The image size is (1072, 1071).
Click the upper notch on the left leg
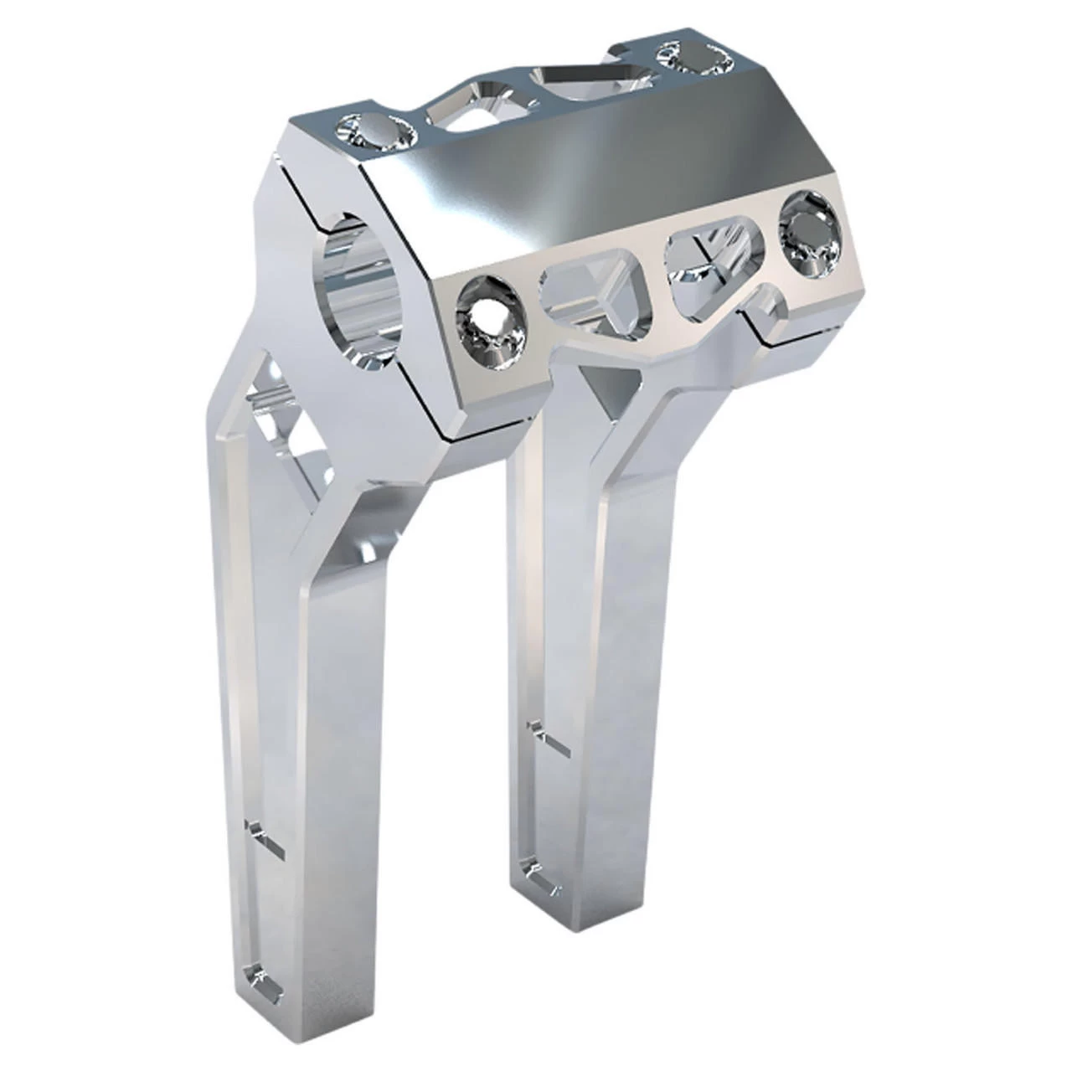(x=262, y=837)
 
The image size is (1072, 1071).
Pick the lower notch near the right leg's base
(x=536, y=871)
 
